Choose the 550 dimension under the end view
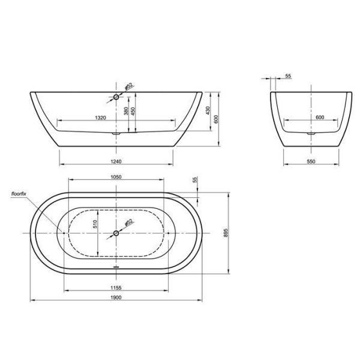point(311,162)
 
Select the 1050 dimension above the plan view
point(116,177)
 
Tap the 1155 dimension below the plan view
point(116,287)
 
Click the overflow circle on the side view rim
point(116,95)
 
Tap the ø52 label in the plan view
point(128,223)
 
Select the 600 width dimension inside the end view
point(319,118)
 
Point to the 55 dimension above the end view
point(288,77)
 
